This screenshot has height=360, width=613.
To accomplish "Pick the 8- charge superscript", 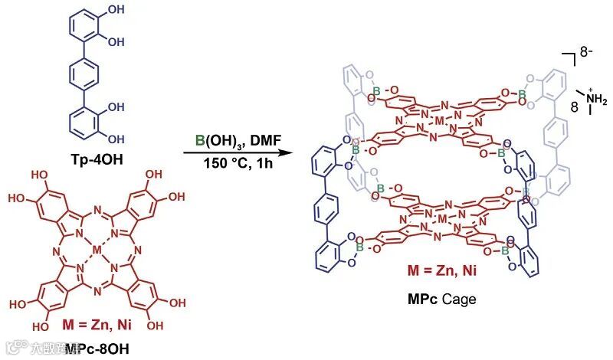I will (587, 54).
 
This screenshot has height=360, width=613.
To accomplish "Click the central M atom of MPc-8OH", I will (95, 249).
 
